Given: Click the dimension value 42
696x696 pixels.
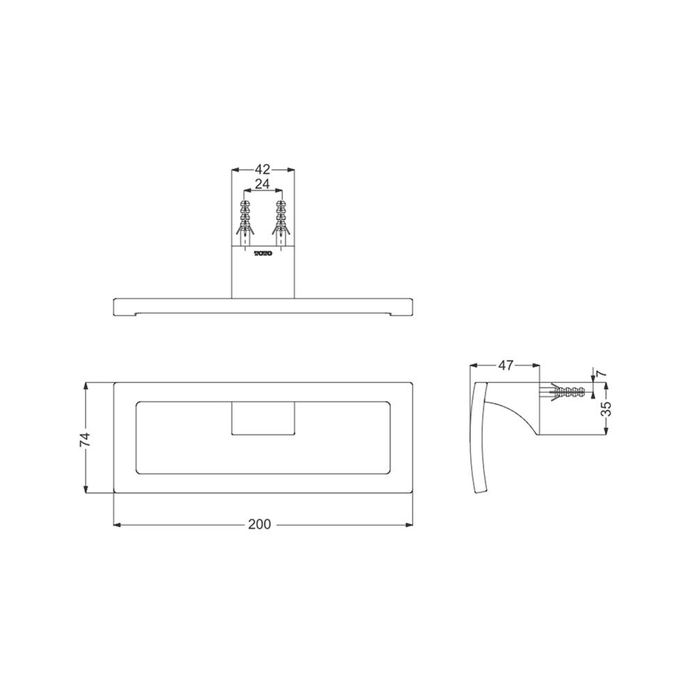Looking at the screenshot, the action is (262, 169).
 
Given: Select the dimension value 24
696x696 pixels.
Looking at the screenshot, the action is (262, 184).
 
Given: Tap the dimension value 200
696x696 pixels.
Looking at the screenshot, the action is (259, 524).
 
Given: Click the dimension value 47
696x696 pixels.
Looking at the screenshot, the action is (505, 365).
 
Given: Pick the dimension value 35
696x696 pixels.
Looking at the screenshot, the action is (606, 408).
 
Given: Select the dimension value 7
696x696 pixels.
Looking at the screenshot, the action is (601, 373).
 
